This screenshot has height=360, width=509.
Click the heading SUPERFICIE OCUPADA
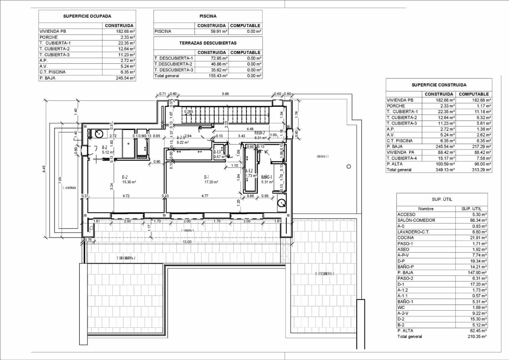tap(87, 16)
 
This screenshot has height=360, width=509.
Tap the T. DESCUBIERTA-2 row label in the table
tap(173, 64)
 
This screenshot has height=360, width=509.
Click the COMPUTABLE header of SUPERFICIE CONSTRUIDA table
tap(474, 94)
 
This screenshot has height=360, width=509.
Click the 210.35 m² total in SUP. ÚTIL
tap(477, 336)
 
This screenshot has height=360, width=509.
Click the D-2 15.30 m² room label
tap(129, 180)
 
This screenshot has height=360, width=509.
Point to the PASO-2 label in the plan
tap(260, 133)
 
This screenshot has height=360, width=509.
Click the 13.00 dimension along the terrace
tap(187, 242)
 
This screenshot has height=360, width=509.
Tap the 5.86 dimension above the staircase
tap(225, 94)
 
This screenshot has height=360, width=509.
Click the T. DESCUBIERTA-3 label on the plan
tap(324, 274)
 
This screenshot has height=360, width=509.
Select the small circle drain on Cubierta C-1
tap(349, 166)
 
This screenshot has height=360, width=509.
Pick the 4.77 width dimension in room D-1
tap(205, 196)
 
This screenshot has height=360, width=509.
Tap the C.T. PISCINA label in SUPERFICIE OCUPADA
tap(52, 72)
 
